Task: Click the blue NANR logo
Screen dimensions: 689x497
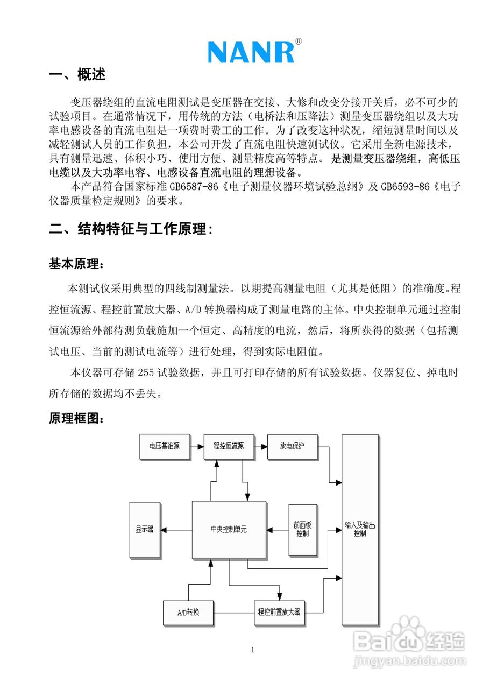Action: click(251, 52)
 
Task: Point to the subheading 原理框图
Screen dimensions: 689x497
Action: click(74, 418)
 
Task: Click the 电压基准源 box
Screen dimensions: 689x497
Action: click(165, 447)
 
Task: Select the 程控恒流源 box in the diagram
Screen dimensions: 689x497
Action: click(229, 447)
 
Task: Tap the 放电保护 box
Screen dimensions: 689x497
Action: click(292, 447)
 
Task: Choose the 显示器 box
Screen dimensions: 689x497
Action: click(145, 530)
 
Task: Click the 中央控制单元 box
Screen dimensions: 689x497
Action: click(229, 530)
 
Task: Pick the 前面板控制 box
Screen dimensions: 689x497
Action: click(303, 530)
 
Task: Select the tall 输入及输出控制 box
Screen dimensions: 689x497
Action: click(360, 530)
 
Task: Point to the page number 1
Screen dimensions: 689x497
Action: click(253, 650)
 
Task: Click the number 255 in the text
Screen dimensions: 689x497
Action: click(146, 372)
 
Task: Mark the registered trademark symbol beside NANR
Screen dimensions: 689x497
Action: click(299, 41)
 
